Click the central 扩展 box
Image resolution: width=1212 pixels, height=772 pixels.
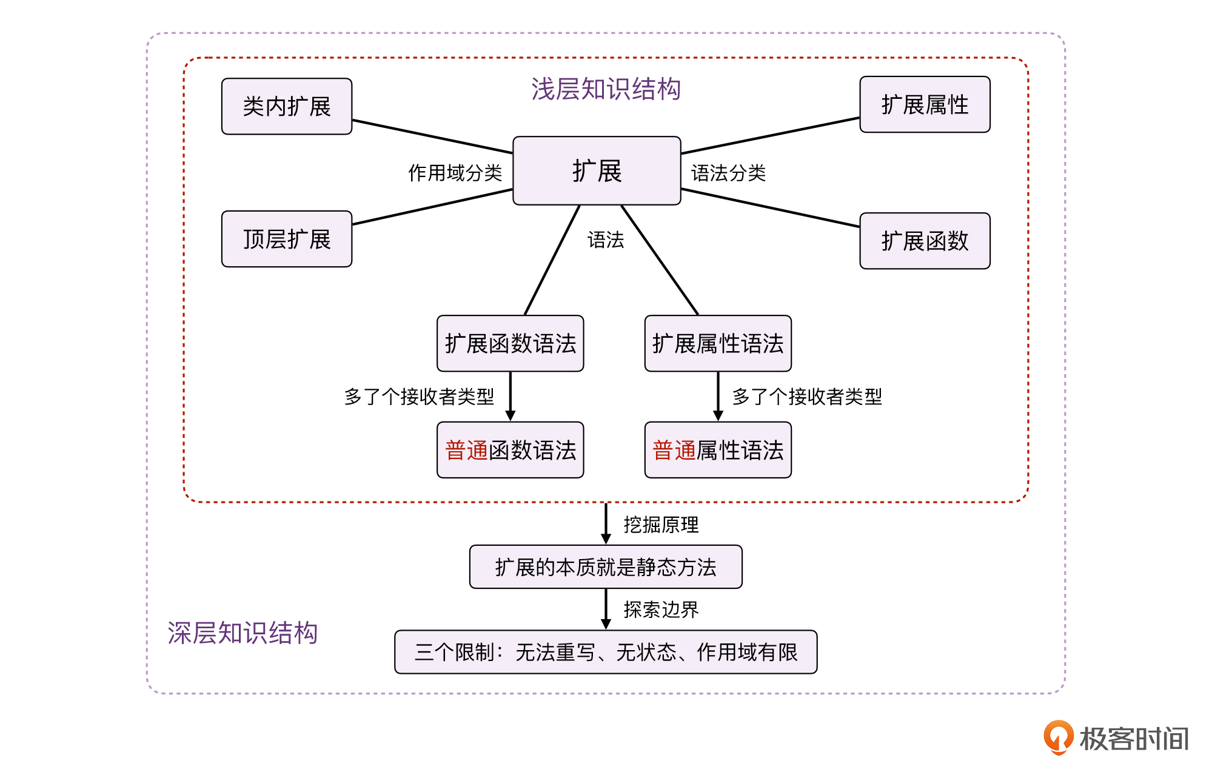pyautogui.click(x=597, y=170)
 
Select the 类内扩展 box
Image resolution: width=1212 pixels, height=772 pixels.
pyautogui.click(x=287, y=106)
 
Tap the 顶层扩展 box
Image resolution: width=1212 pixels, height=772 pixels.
pyautogui.click(x=287, y=239)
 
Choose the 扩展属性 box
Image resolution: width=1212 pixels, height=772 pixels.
pyautogui.click(x=925, y=104)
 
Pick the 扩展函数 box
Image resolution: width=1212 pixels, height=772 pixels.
pyautogui.click(x=925, y=241)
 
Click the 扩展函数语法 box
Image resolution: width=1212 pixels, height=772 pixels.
pyautogui.click(x=510, y=343)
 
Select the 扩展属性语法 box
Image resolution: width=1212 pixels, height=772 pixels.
pyautogui.click(x=718, y=343)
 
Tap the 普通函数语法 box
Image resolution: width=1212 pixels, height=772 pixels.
pyautogui.click(x=510, y=450)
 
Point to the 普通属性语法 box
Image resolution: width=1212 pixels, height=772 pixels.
pyautogui.click(x=718, y=450)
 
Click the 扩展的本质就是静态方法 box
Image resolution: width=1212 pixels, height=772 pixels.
pyautogui.click(x=606, y=567)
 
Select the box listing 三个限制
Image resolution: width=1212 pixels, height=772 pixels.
pyautogui.click(x=606, y=652)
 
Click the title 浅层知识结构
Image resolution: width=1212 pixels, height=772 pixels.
pyautogui.click(x=606, y=89)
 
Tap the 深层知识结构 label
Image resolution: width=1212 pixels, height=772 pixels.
pyautogui.click(x=243, y=633)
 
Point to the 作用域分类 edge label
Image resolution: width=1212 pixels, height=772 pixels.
pyautogui.click(x=455, y=173)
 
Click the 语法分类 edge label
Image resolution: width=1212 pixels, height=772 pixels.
pyautogui.click(x=728, y=173)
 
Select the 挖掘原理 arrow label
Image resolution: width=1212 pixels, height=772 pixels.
pyautogui.click(x=661, y=525)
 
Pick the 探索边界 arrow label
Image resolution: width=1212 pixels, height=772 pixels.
pyautogui.click(x=661, y=609)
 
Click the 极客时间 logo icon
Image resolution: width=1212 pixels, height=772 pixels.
pyautogui.click(x=1058, y=737)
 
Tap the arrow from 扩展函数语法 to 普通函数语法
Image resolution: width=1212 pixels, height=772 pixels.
pyautogui.click(x=511, y=396)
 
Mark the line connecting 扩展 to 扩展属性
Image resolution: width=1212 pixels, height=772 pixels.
pyautogui.click(x=770, y=136)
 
